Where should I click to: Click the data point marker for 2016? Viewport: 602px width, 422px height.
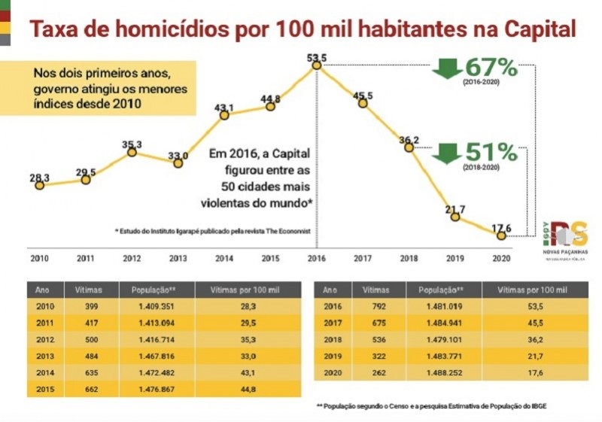click(317, 66)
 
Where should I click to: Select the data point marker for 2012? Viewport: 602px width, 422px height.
click(132, 152)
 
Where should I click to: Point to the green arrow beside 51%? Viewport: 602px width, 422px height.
click(446, 153)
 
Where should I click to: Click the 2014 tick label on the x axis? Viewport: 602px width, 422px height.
click(223, 258)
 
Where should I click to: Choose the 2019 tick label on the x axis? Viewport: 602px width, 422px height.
click(454, 258)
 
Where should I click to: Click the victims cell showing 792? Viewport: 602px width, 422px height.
click(373, 307)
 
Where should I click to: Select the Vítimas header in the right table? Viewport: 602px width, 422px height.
click(375, 290)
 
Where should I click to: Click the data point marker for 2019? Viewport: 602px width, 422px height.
click(455, 217)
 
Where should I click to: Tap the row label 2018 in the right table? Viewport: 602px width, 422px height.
click(332, 340)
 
